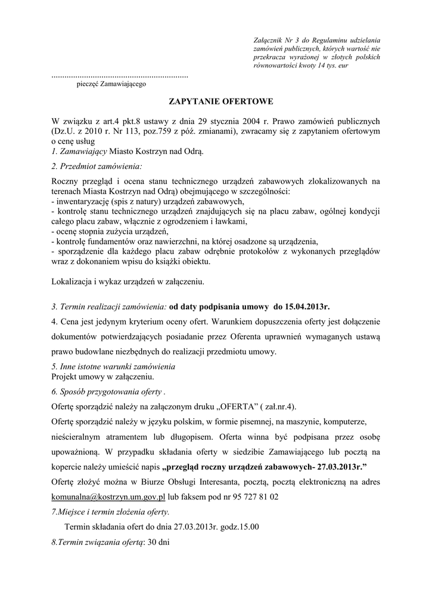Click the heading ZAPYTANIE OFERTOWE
216,102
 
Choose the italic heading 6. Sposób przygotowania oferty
108,391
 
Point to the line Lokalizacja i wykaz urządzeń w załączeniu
128,280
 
